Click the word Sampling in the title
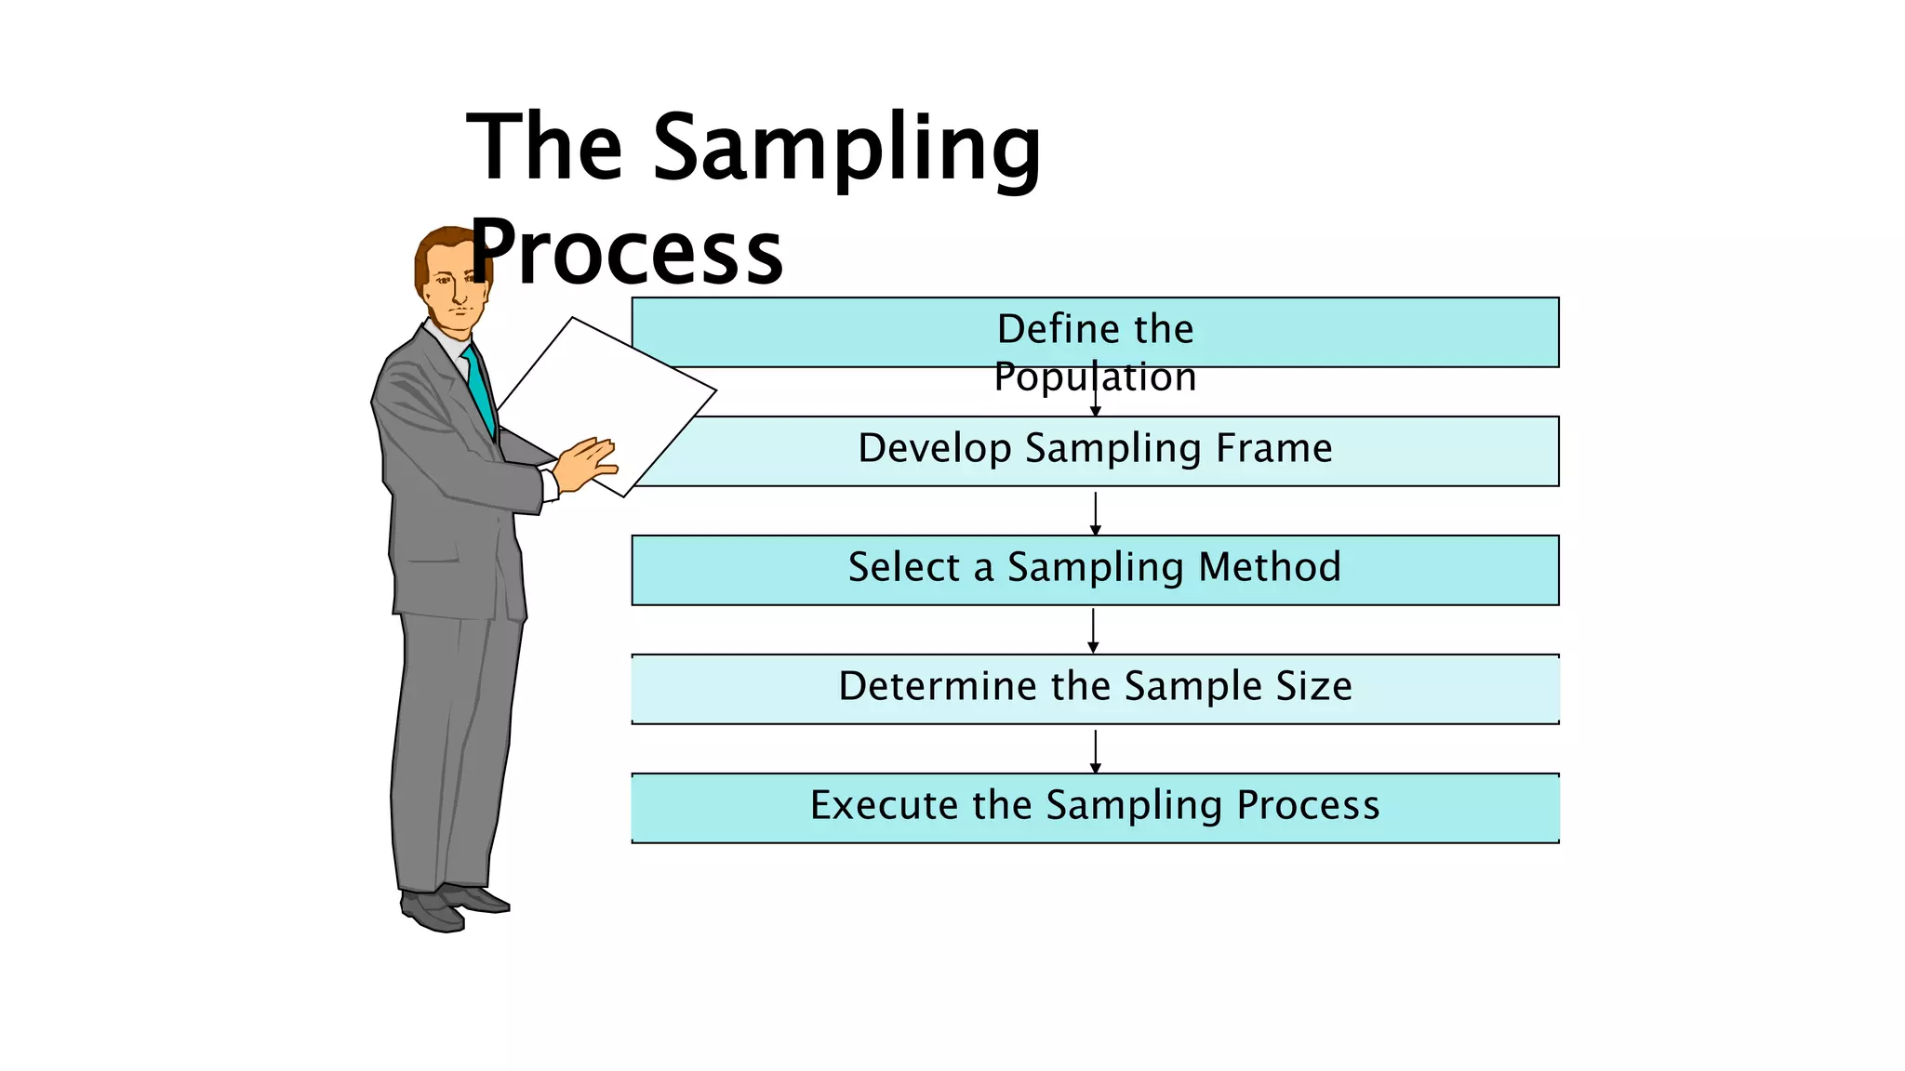click(846, 149)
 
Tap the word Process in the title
click(629, 253)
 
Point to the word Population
click(1095, 377)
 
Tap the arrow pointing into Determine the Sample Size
click(1093, 631)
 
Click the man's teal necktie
click(480, 390)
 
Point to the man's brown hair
click(437, 246)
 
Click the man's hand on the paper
click(586, 462)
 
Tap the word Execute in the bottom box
click(884, 805)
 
